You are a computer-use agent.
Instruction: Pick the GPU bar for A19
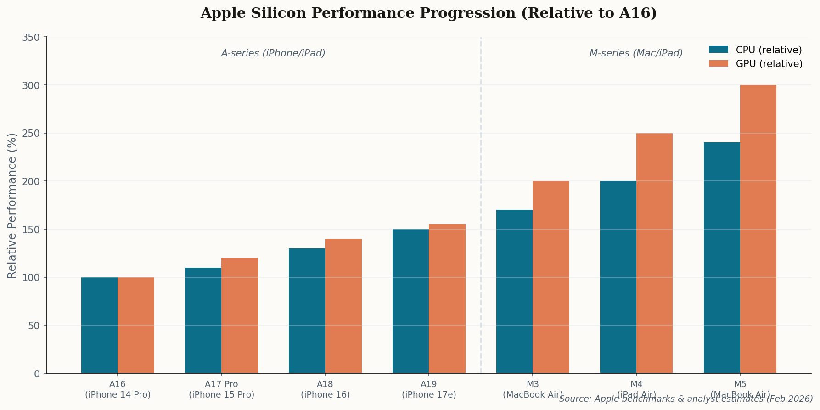(x=447, y=298)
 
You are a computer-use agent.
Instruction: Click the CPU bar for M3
(x=514, y=292)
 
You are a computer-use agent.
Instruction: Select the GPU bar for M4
(x=655, y=253)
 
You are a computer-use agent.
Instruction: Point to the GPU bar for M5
(x=758, y=229)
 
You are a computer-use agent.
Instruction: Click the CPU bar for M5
(x=722, y=258)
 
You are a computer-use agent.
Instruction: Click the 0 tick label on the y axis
(x=37, y=374)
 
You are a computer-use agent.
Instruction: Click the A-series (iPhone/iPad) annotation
(x=273, y=53)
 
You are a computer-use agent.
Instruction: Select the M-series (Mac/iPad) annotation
(x=636, y=53)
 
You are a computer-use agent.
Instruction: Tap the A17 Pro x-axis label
(x=221, y=389)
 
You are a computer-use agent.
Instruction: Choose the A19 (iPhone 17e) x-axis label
(x=429, y=389)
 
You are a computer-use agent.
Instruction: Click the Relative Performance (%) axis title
(x=12, y=205)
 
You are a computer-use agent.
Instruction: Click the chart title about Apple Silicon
(x=428, y=13)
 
